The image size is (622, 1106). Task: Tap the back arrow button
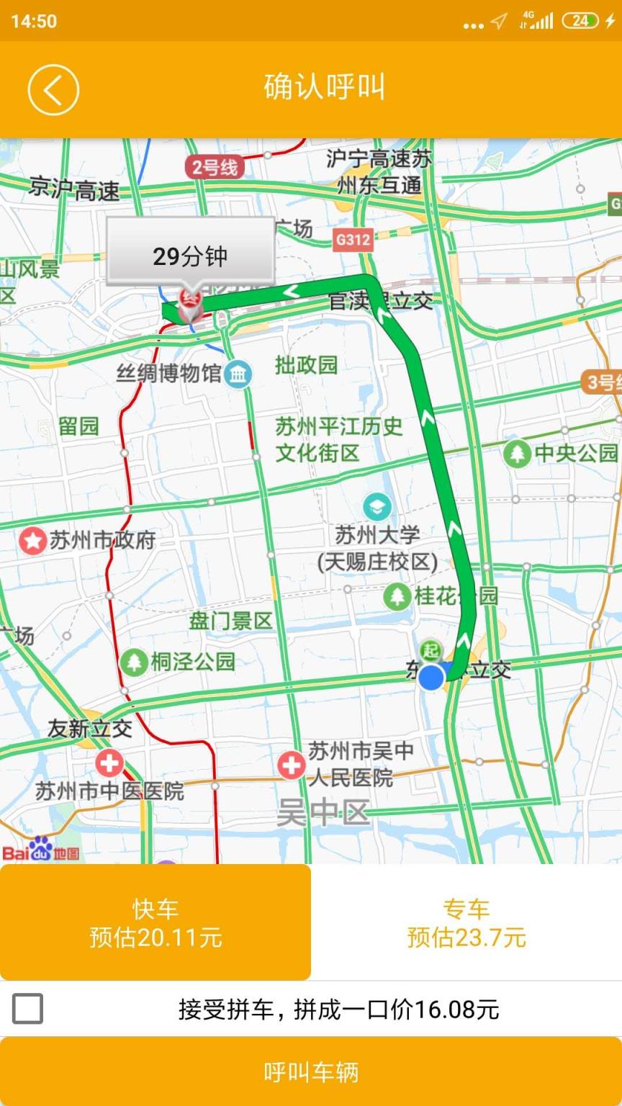pos(53,89)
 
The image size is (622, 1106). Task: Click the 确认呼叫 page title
pos(324,87)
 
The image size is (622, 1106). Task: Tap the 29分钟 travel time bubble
pos(190,256)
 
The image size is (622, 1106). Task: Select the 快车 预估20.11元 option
pos(155,922)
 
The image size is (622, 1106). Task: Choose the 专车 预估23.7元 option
pos(466,922)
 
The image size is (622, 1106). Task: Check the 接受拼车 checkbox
pos(28,1008)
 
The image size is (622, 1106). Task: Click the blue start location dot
pos(431,677)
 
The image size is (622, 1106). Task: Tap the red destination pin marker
pos(190,303)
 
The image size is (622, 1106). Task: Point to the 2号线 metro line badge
pos(215,168)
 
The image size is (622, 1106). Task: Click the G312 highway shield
pos(353,239)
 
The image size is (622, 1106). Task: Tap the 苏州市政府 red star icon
pos(32,540)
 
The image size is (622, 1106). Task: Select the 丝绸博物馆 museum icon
pos(238,374)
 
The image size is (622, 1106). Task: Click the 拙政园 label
pos(306,365)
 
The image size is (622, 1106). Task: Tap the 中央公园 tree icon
pos(516,453)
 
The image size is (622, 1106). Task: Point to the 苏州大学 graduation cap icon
pos(377,507)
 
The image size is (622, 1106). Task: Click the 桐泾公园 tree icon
pos(133,662)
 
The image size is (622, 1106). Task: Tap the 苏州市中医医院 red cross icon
pos(109,763)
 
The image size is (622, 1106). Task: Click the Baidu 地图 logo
pos(40,850)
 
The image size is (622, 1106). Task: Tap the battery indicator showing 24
pos(580,20)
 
